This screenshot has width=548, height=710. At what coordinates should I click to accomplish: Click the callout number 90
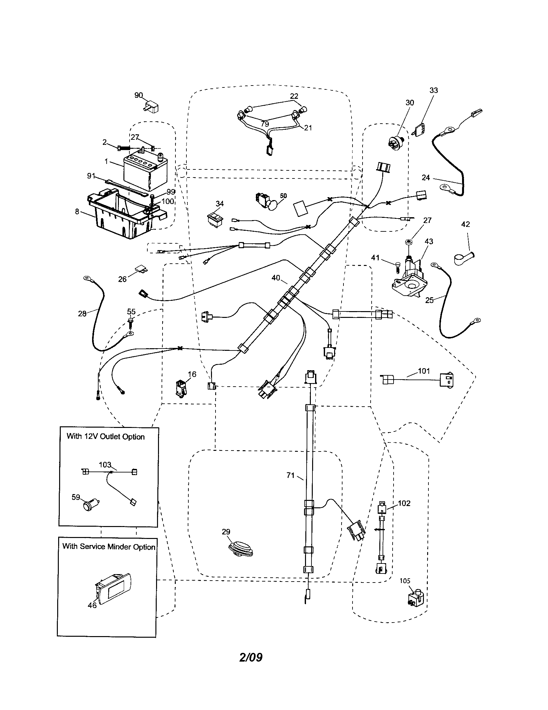point(139,95)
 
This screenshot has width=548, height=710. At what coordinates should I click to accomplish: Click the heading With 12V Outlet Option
point(105,437)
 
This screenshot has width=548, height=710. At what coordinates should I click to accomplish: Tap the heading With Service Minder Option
point(109,546)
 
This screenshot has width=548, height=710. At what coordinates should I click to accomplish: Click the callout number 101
point(424,371)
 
